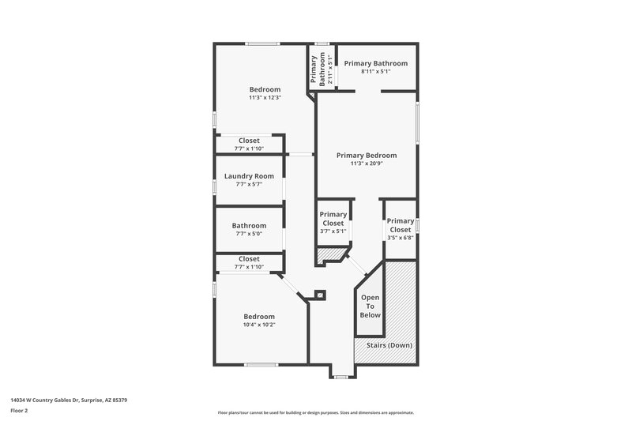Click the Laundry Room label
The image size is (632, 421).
(x=249, y=176)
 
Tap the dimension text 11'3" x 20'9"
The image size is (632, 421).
(x=367, y=164)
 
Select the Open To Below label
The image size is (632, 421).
(x=371, y=306)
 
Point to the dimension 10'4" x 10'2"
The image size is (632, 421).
(x=259, y=325)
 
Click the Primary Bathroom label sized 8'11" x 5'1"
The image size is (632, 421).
(x=375, y=63)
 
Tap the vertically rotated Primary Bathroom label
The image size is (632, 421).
(x=314, y=70)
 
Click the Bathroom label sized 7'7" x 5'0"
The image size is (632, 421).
(x=249, y=225)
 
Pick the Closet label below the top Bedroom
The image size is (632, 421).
(x=249, y=141)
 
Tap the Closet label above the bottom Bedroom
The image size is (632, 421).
(x=249, y=259)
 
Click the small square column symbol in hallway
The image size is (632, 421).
(x=320, y=295)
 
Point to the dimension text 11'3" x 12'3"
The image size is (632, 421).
(x=265, y=97)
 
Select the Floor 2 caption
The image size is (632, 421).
(x=19, y=411)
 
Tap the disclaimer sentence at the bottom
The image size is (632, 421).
(x=315, y=412)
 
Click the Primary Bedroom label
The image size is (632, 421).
(x=367, y=155)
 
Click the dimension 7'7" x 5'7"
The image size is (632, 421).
(x=249, y=184)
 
